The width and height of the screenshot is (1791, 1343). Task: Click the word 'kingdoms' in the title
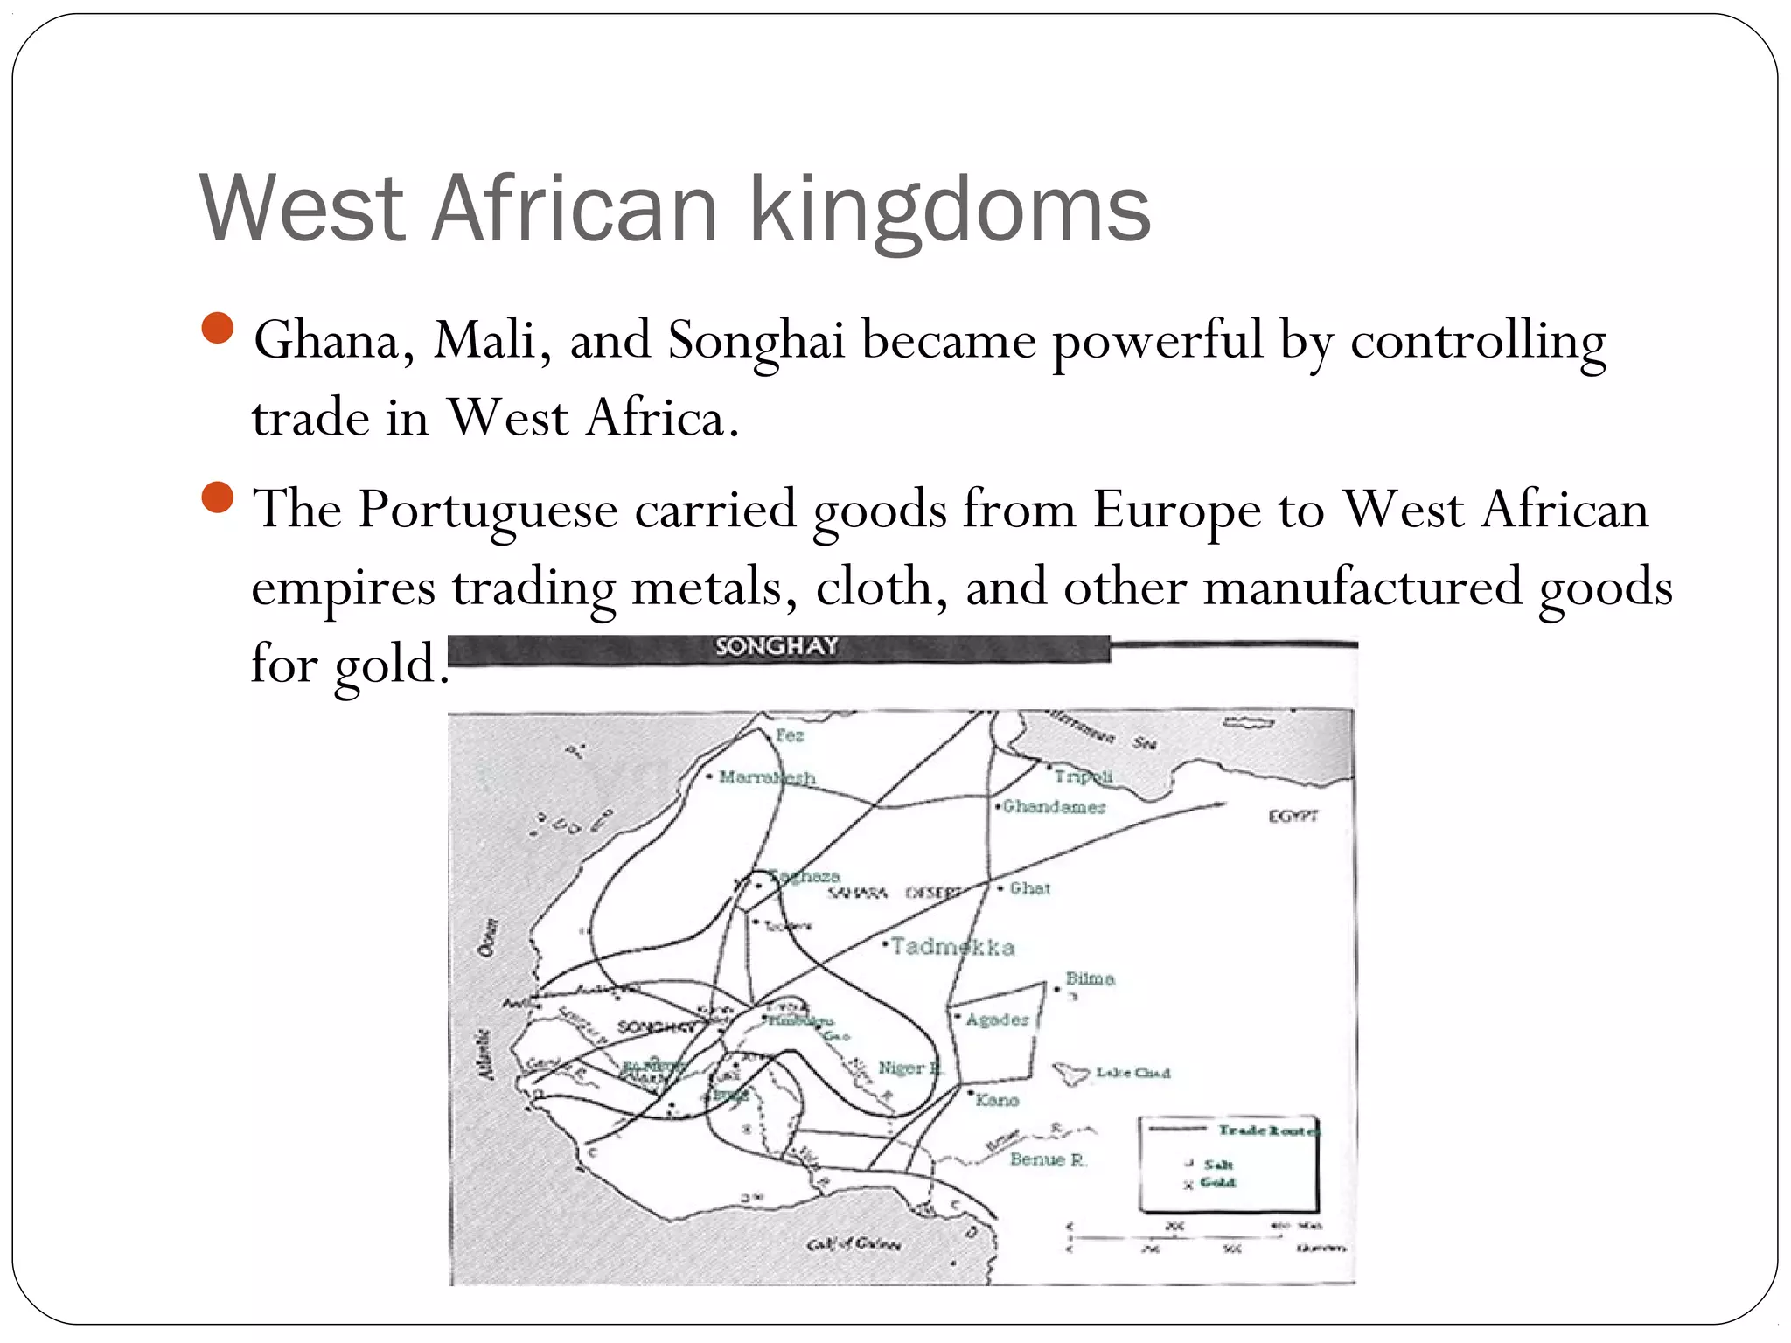pyautogui.click(x=950, y=210)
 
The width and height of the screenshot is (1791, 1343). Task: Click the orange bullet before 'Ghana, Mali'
pyautogui.click(x=217, y=329)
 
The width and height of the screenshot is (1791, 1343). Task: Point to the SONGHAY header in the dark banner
pyautogui.click(x=777, y=647)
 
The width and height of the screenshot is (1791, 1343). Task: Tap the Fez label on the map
pyautogui.click(x=789, y=735)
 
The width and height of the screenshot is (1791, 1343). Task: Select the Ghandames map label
pyautogui.click(x=1054, y=807)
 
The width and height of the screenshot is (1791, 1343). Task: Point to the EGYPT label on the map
pyautogui.click(x=1293, y=816)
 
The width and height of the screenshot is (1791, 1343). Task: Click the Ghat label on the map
pyautogui.click(x=1029, y=888)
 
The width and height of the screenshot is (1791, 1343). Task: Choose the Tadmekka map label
pyautogui.click(x=952, y=947)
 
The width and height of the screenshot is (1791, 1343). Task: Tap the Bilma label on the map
pyautogui.click(x=1090, y=978)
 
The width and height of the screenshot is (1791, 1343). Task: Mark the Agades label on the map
pyautogui.click(x=997, y=1019)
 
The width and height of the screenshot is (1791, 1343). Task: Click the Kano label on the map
pyautogui.click(x=998, y=1100)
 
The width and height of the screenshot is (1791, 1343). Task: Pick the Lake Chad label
pyautogui.click(x=1132, y=1073)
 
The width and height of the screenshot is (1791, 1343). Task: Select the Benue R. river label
pyautogui.click(x=1048, y=1160)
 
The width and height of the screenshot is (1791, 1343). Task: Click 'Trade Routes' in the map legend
pyautogui.click(x=1268, y=1131)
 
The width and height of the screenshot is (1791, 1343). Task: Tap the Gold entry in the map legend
pyautogui.click(x=1217, y=1183)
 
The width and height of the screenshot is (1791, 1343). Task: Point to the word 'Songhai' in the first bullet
pyautogui.click(x=756, y=340)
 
